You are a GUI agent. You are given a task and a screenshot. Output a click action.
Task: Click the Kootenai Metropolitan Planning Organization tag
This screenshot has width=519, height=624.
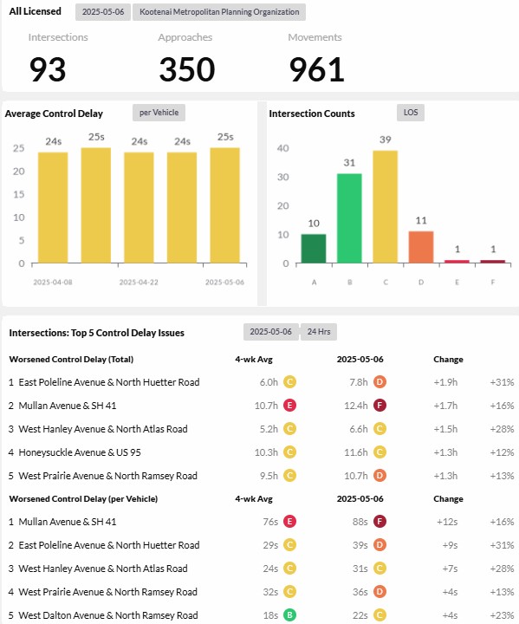[x=219, y=12]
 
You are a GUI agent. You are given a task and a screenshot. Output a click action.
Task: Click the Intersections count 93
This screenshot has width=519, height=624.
[x=48, y=69]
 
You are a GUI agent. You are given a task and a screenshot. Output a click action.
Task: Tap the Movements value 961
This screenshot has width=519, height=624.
[x=316, y=69]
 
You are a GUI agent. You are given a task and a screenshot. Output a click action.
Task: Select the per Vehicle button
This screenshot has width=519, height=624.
[x=159, y=113]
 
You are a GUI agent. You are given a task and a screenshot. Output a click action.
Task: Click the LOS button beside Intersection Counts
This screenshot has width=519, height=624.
[x=411, y=113]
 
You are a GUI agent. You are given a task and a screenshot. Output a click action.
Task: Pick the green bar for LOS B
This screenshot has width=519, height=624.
[x=349, y=218]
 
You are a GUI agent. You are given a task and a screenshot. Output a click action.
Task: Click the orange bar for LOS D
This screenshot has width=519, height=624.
[x=421, y=247]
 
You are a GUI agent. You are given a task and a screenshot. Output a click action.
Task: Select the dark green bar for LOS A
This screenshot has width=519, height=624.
[x=314, y=249]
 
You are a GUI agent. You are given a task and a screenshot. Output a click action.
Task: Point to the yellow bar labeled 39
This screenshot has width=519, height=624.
[x=386, y=207]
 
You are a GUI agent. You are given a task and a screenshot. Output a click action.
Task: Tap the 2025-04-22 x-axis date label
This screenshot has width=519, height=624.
[x=139, y=283]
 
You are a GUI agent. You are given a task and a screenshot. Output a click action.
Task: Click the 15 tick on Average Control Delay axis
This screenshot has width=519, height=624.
[x=19, y=194]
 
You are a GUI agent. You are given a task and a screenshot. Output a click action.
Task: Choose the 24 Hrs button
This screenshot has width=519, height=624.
[x=319, y=332]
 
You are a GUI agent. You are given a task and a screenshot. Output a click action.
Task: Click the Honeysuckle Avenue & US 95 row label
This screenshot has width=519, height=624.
[x=80, y=452]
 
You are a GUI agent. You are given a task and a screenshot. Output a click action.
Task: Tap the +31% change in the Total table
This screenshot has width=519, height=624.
[x=502, y=382]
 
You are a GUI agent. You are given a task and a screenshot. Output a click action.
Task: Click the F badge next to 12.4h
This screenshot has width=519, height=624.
[x=380, y=406]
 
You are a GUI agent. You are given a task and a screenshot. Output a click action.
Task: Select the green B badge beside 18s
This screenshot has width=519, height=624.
[x=289, y=615]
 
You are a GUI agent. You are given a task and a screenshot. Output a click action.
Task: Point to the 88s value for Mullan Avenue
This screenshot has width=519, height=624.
[x=360, y=522]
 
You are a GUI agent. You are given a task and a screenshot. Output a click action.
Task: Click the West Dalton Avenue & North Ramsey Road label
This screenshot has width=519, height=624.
[x=108, y=615]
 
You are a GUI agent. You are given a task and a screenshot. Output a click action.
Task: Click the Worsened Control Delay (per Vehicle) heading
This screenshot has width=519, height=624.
[x=83, y=499]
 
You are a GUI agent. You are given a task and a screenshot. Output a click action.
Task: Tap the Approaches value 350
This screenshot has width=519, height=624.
[x=187, y=69]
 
